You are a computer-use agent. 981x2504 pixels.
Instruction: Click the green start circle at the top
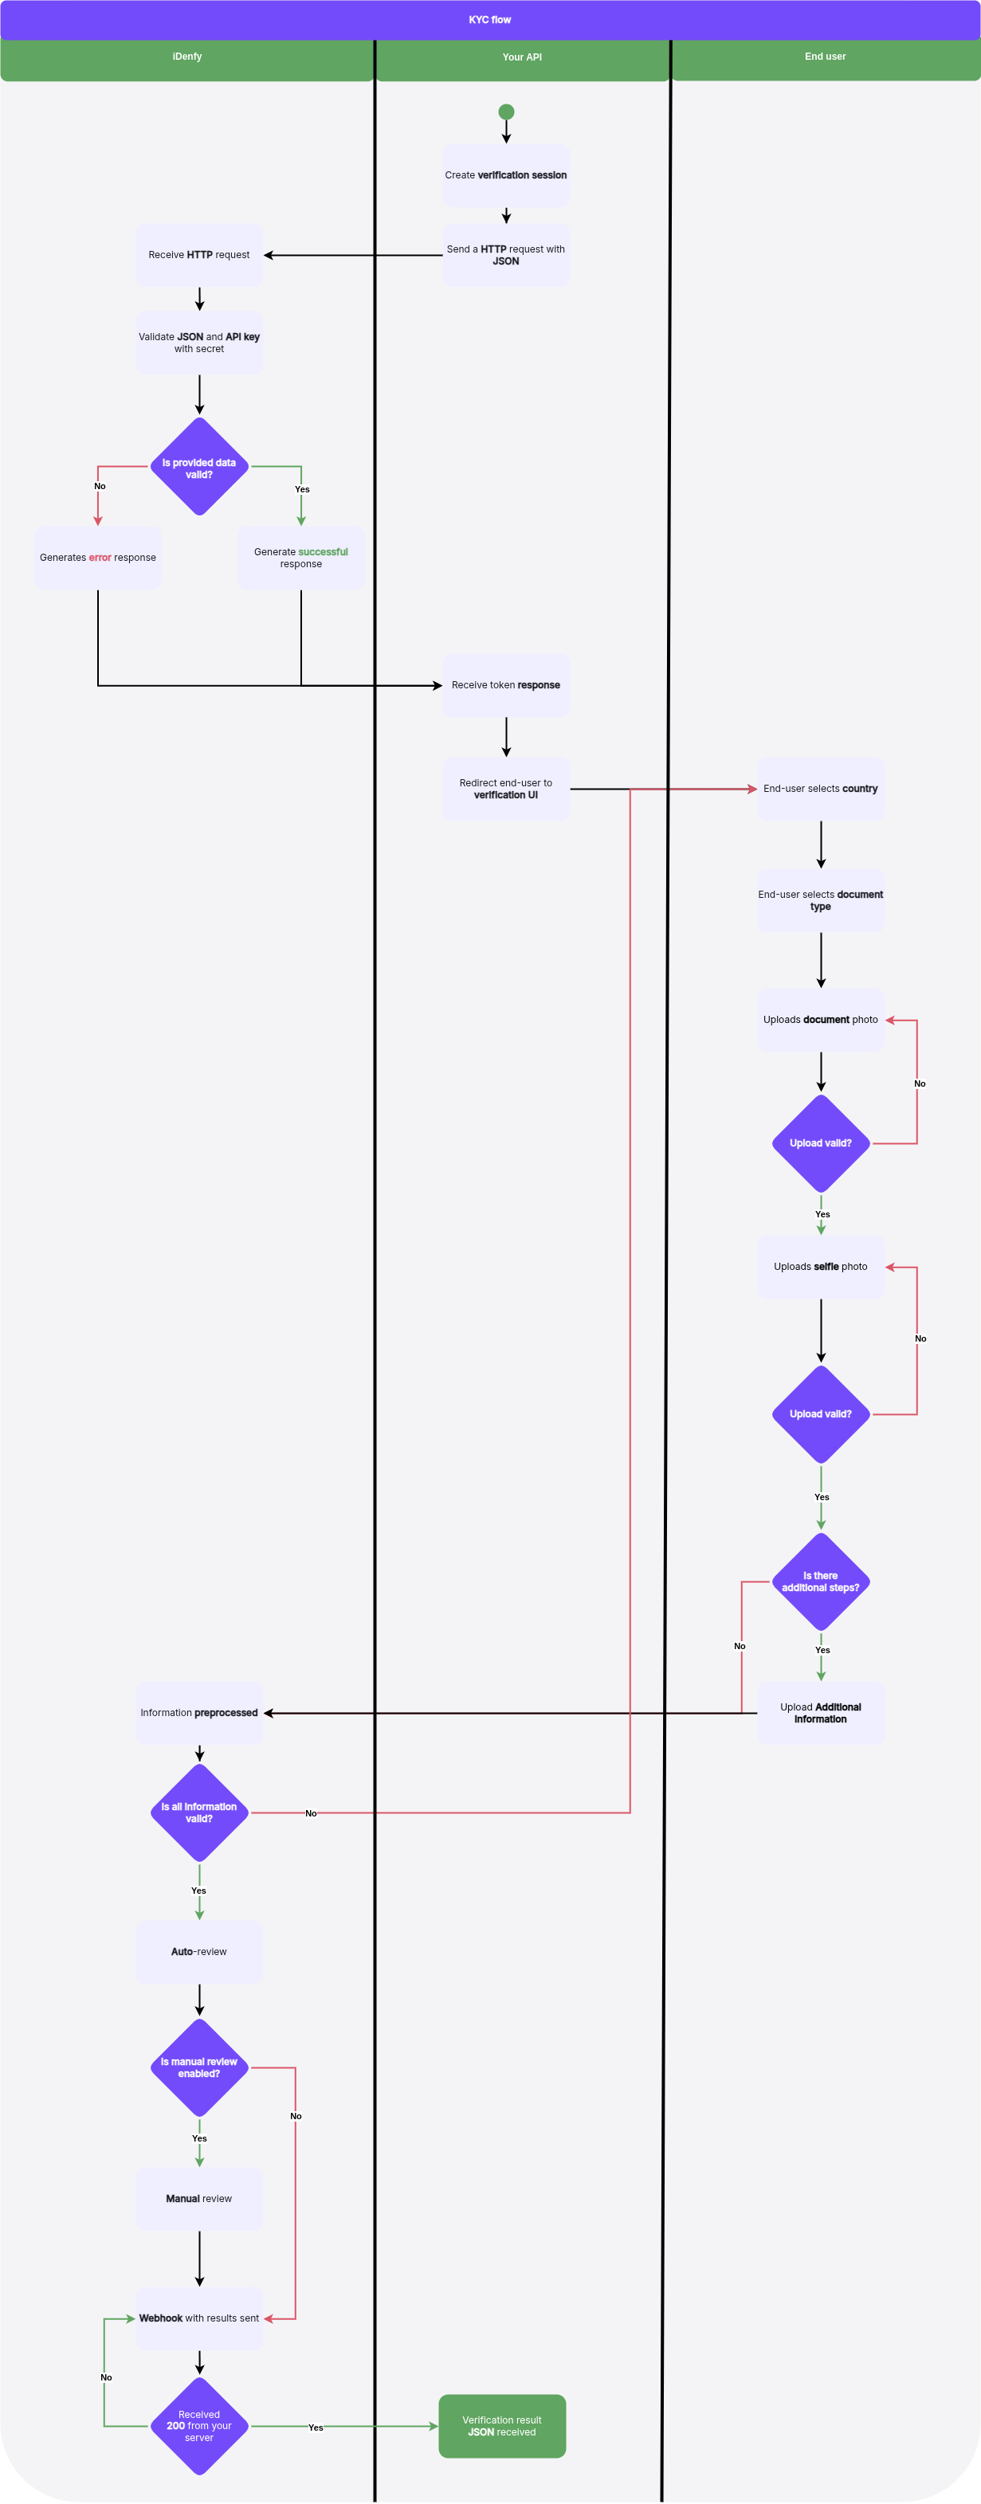(x=505, y=112)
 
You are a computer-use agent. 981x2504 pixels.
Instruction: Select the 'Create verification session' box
(x=505, y=176)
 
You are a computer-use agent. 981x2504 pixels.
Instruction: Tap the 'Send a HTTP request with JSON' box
(x=505, y=256)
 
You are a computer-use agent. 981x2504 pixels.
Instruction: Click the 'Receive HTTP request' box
(x=199, y=256)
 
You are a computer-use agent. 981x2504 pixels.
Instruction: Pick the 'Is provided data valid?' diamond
(x=199, y=467)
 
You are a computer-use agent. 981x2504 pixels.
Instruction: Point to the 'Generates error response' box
(x=97, y=558)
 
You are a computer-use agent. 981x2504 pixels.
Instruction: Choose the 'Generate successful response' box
(x=301, y=558)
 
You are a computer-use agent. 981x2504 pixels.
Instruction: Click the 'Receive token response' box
(x=505, y=685)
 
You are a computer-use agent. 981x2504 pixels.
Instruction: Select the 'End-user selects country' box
(x=821, y=789)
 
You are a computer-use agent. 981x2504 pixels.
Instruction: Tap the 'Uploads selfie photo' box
(x=821, y=1267)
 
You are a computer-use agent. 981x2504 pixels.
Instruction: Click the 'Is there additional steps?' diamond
(x=821, y=1581)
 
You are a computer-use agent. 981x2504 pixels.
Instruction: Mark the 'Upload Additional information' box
(x=821, y=1713)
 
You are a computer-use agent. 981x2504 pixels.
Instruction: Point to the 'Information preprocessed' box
(x=199, y=1713)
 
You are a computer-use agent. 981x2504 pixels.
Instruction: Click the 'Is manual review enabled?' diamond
(x=199, y=2067)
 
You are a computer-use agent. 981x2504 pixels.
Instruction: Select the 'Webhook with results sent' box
(x=199, y=2318)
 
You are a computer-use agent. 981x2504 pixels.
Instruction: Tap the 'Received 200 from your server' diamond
(x=199, y=2426)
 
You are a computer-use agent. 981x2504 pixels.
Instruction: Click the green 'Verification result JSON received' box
(x=502, y=2426)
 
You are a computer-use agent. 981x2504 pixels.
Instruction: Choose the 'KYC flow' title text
(x=490, y=19)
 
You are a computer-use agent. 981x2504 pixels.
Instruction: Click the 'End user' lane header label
(x=825, y=57)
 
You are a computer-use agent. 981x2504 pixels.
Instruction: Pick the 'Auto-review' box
(x=199, y=1952)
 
